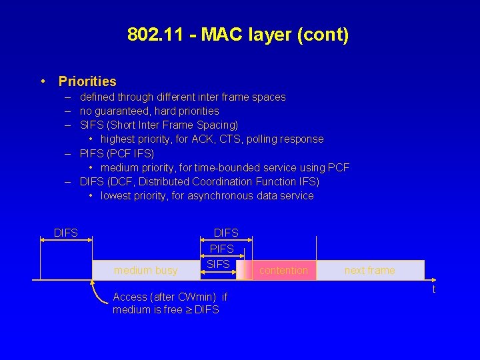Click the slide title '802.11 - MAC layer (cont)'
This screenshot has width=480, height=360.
[238, 35]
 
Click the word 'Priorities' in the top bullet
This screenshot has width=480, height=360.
[87, 81]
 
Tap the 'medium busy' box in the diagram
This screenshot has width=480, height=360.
[145, 270]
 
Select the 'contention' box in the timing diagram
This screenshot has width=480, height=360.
[283, 270]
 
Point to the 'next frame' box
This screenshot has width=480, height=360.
[369, 270]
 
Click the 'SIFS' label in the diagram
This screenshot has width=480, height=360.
[219, 264]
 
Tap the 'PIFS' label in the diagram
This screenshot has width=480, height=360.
[222, 248]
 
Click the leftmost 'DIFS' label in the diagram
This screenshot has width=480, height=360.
[66, 233]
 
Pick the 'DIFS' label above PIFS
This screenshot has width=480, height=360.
[226, 233]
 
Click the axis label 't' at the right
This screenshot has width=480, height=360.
[434, 289]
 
